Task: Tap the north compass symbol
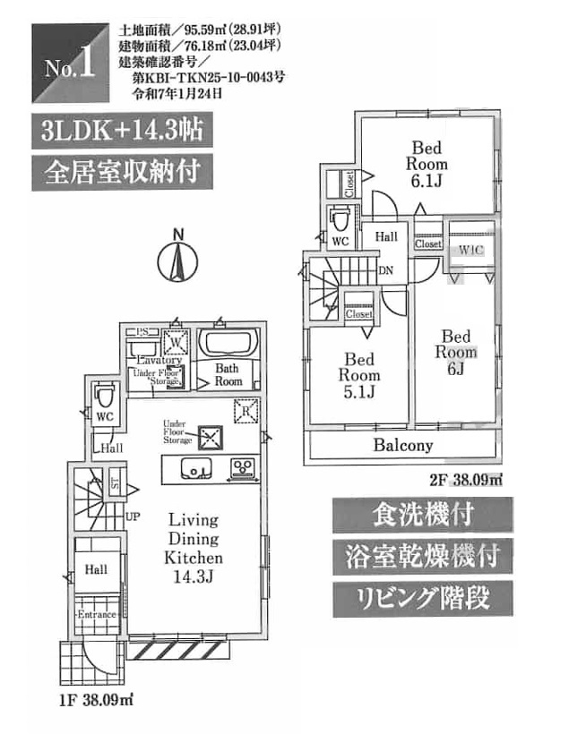[x=177, y=260]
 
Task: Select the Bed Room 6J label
[x=455, y=353]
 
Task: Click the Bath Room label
[x=228, y=374]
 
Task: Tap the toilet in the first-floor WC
[x=104, y=394]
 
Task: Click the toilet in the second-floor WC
[x=340, y=219]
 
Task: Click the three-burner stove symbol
[x=242, y=467]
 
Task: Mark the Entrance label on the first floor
[x=96, y=615]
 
